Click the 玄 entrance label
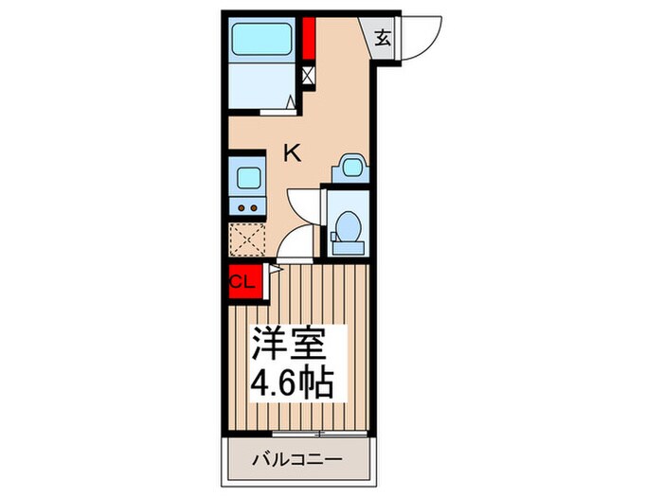coord(383,39)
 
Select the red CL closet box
coord(241,281)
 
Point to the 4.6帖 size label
coord(291,383)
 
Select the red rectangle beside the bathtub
coord(309,38)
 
